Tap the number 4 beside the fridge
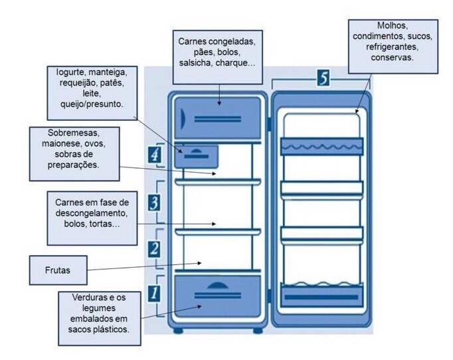click(x=153, y=155)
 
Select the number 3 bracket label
click(x=153, y=201)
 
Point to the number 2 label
click(x=153, y=249)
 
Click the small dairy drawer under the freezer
click(x=197, y=155)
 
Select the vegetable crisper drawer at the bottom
click(x=217, y=296)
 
